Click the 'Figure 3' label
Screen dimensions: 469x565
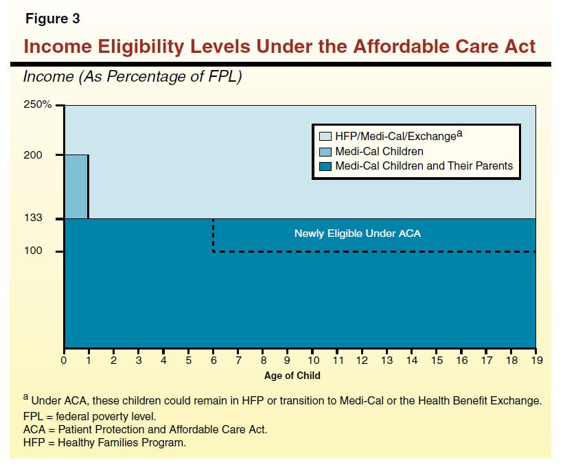click(x=53, y=19)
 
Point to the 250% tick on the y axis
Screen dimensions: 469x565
click(x=38, y=105)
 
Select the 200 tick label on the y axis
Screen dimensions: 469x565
click(x=34, y=155)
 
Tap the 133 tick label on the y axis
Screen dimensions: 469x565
click(x=34, y=218)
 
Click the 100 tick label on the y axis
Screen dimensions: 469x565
click(x=34, y=251)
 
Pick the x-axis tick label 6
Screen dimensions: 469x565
click(x=214, y=360)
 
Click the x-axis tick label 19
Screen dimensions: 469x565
click(x=535, y=360)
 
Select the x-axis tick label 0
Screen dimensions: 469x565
click(x=64, y=360)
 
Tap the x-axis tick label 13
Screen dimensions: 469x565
click(x=387, y=360)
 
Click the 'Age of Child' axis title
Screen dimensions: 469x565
click(x=292, y=376)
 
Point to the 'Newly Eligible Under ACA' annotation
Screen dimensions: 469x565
click(x=357, y=233)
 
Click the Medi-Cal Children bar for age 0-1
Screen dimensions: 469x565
click(x=76, y=187)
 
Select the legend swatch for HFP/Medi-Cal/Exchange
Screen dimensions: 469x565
click(x=325, y=136)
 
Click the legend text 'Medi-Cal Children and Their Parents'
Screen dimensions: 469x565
click(x=424, y=165)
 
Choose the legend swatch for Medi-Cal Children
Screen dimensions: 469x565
click(x=325, y=151)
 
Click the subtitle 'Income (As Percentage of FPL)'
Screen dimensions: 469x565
click(x=132, y=77)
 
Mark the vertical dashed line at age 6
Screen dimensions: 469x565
click(x=214, y=235)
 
